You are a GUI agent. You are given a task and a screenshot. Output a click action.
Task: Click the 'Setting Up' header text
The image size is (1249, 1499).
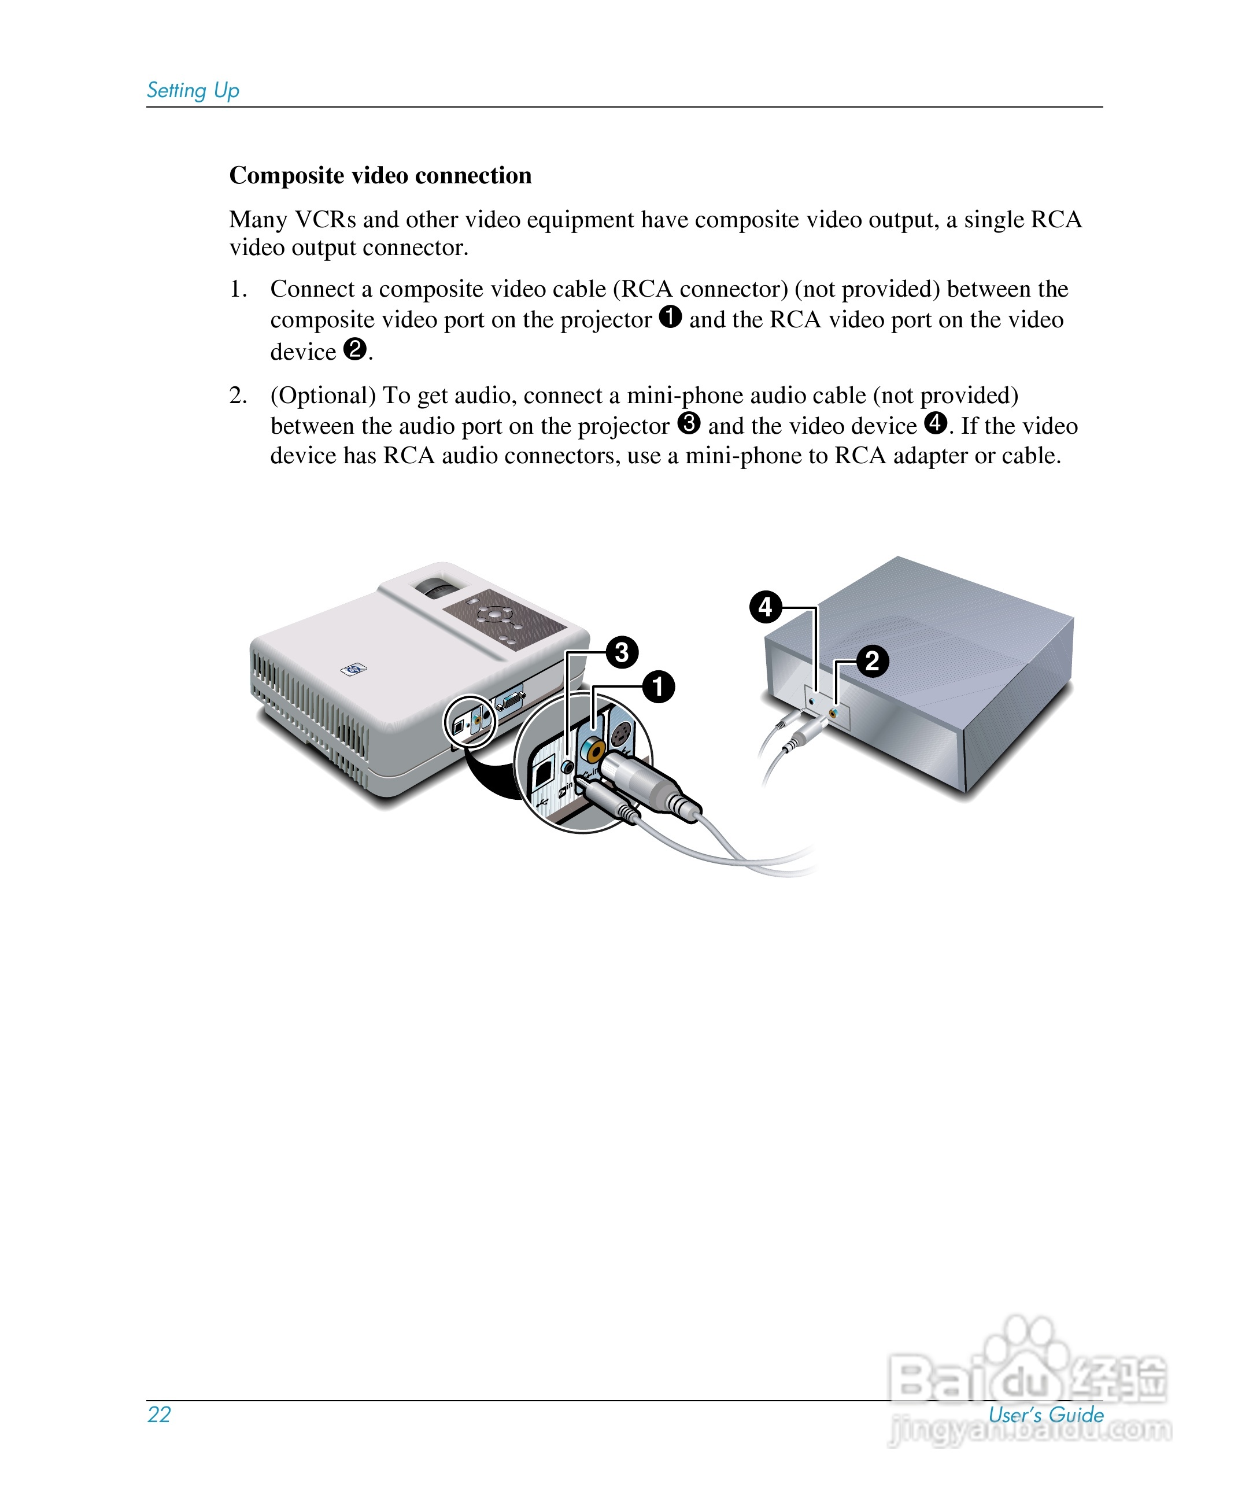click(x=193, y=91)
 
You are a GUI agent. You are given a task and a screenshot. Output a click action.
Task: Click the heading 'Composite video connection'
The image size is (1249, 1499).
click(x=380, y=176)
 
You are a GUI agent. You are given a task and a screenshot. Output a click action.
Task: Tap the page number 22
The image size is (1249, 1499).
click(x=158, y=1414)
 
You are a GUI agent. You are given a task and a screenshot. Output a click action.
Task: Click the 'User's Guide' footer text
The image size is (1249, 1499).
click(x=1045, y=1415)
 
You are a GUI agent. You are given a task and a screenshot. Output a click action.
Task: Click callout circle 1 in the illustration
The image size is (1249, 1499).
click(x=658, y=686)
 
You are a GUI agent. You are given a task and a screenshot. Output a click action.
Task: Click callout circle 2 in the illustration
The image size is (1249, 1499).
click(x=872, y=661)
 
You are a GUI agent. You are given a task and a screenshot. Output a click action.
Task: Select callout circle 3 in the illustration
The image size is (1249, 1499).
click(x=622, y=652)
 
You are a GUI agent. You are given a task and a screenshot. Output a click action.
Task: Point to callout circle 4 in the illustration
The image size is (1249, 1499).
click(x=765, y=607)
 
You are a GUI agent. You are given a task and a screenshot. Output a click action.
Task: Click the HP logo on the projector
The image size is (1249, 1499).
click(x=354, y=669)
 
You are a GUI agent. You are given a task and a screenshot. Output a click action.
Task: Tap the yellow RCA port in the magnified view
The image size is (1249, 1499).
click(x=592, y=749)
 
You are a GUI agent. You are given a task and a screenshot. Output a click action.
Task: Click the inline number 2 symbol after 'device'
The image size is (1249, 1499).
click(x=354, y=349)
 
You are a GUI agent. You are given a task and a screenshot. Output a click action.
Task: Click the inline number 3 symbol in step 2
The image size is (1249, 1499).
click(x=689, y=423)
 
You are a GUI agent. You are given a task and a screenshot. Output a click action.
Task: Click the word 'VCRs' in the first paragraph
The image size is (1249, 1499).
click(x=325, y=219)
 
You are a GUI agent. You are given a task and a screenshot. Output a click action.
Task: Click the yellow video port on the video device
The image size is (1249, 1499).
click(x=834, y=712)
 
